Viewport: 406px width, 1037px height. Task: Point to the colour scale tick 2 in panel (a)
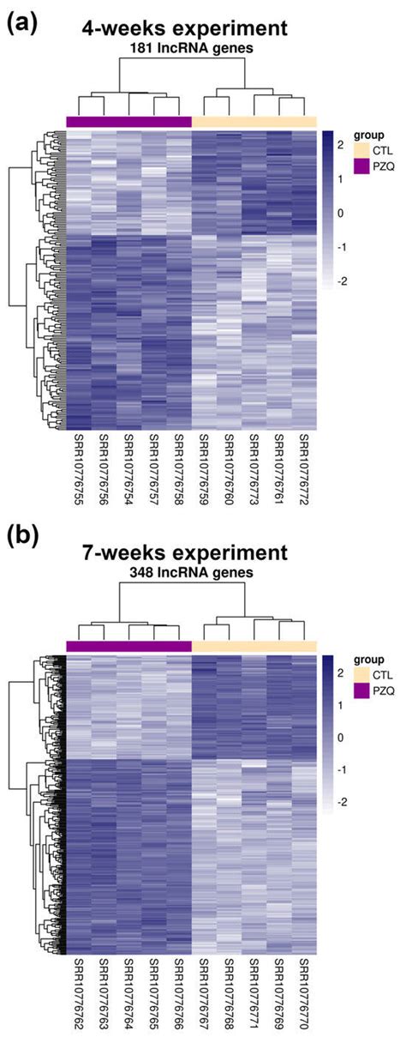(339, 143)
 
